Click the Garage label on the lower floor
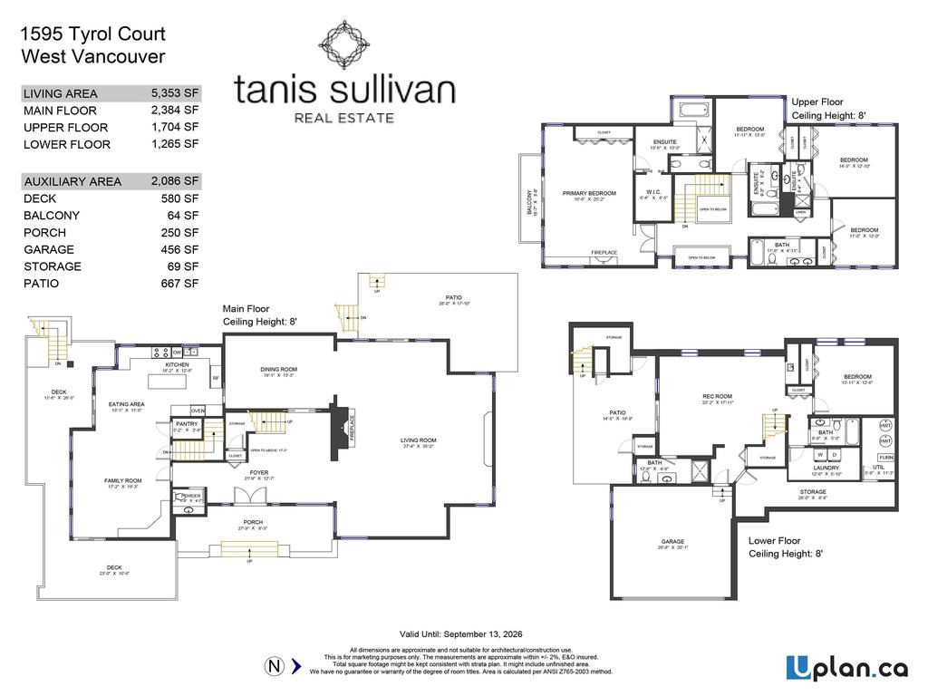click(x=673, y=542)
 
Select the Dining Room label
click(x=280, y=369)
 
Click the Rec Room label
click(x=717, y=396)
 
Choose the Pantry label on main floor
click(x=188, y=423)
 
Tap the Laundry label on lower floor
click(x=826, y=468)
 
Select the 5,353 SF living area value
click(x=176, y=93)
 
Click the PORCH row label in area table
click(x=44, y=233)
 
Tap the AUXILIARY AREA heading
click(x=72, y=181)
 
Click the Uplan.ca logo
click(x=846, y=668)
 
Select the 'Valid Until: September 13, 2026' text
click(x=461, y=634)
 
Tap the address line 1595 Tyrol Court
click(x=92, y=34)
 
